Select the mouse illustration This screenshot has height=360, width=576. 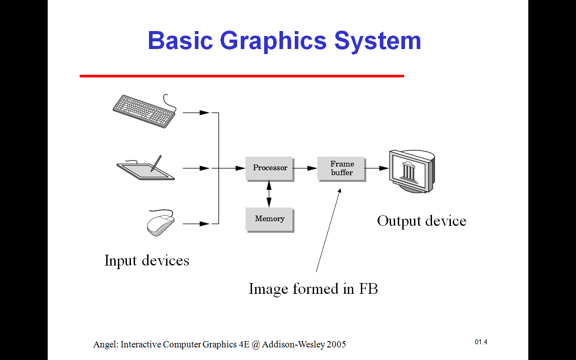(160, 224)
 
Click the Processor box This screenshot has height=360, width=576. (270, 168)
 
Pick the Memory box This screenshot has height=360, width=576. (270, 219)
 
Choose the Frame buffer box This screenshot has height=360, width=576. (342, 168)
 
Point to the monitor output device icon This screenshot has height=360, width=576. (411, 171)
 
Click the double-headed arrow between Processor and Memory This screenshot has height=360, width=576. (269, 194)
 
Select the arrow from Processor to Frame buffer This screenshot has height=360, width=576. (306, 168)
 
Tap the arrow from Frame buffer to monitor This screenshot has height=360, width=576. (377, 168)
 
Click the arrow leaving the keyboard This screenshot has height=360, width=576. (196, 112)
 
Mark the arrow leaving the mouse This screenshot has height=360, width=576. (196, 224)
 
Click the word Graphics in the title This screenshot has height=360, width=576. (273, 40)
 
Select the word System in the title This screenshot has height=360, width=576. (378, 40)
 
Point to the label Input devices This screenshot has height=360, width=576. (147, 261)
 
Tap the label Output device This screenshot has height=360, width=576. (422, 221)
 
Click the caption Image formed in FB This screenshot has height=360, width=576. (313, 288)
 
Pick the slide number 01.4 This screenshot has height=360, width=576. (481, 342)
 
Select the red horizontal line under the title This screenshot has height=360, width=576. (242, 76)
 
